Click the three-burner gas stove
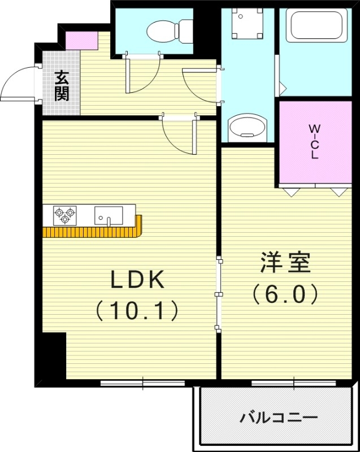pyautogui.click(x=63, y=215)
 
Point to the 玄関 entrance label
pyautogui.click(x=62, y=85)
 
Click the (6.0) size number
pyautogui.click(x=285, y=294)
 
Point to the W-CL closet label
pyautogui.click(x=314, y=141)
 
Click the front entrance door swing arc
pyautogui.click(x=20, y=82)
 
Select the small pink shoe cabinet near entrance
pyautogui.click(x=74, y=39)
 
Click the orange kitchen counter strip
pyautogui.click(x=93, y=232)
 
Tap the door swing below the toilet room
pyautogui.click(x=141, y=76)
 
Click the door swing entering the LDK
pyautogui.click(x=178, y=136)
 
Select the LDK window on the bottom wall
pyautogui.click(x=142, y=383)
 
